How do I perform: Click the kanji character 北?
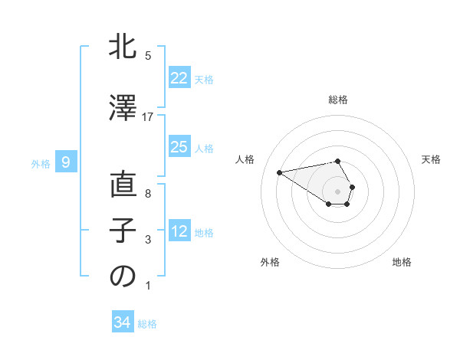pos(123,47)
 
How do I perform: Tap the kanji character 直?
pos(123,185)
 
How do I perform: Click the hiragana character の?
pos(123,277)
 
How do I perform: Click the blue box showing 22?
pos(179,78)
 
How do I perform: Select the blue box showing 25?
pos(179,147)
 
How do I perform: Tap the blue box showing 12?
pos(179,231)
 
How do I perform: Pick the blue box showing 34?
pos(122,322)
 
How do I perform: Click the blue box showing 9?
pos(67,162)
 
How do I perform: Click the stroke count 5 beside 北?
pos(148,56)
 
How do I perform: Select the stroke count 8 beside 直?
pos(148,194)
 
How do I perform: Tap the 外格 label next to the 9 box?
pos(40,163)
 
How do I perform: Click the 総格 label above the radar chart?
pos(337,100)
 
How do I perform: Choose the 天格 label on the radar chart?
pos(431,159)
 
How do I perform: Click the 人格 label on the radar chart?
pos(245,159)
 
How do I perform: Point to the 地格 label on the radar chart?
pos(402,262)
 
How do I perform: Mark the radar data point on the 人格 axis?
pos(279,172)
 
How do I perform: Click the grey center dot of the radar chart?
pos(337,191)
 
